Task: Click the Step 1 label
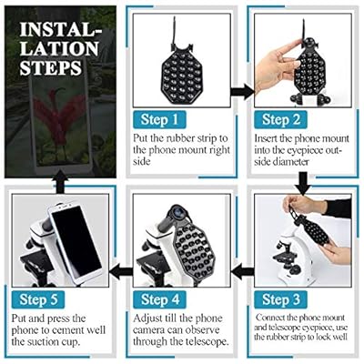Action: pos(159,119)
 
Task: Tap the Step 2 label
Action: pos(280,119)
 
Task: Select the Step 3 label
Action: pos(280,299)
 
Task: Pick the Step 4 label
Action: pos(160,299)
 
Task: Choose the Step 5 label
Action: pos(38,299)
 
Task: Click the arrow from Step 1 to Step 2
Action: pos(243,92)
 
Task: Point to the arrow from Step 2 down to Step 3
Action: pos(303,184)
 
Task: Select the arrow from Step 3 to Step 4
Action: pos(243,271)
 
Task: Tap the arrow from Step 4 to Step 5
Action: pos(121,271)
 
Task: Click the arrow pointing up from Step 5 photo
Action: pos(60,182)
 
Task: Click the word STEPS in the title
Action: pos(51,68)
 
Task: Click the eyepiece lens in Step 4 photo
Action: pos(178,210)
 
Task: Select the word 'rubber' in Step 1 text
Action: pos(180,138)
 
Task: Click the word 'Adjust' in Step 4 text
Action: pos(148,319)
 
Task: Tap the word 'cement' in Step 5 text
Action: pos(68,330)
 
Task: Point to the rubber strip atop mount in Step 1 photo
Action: pos(174,30)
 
